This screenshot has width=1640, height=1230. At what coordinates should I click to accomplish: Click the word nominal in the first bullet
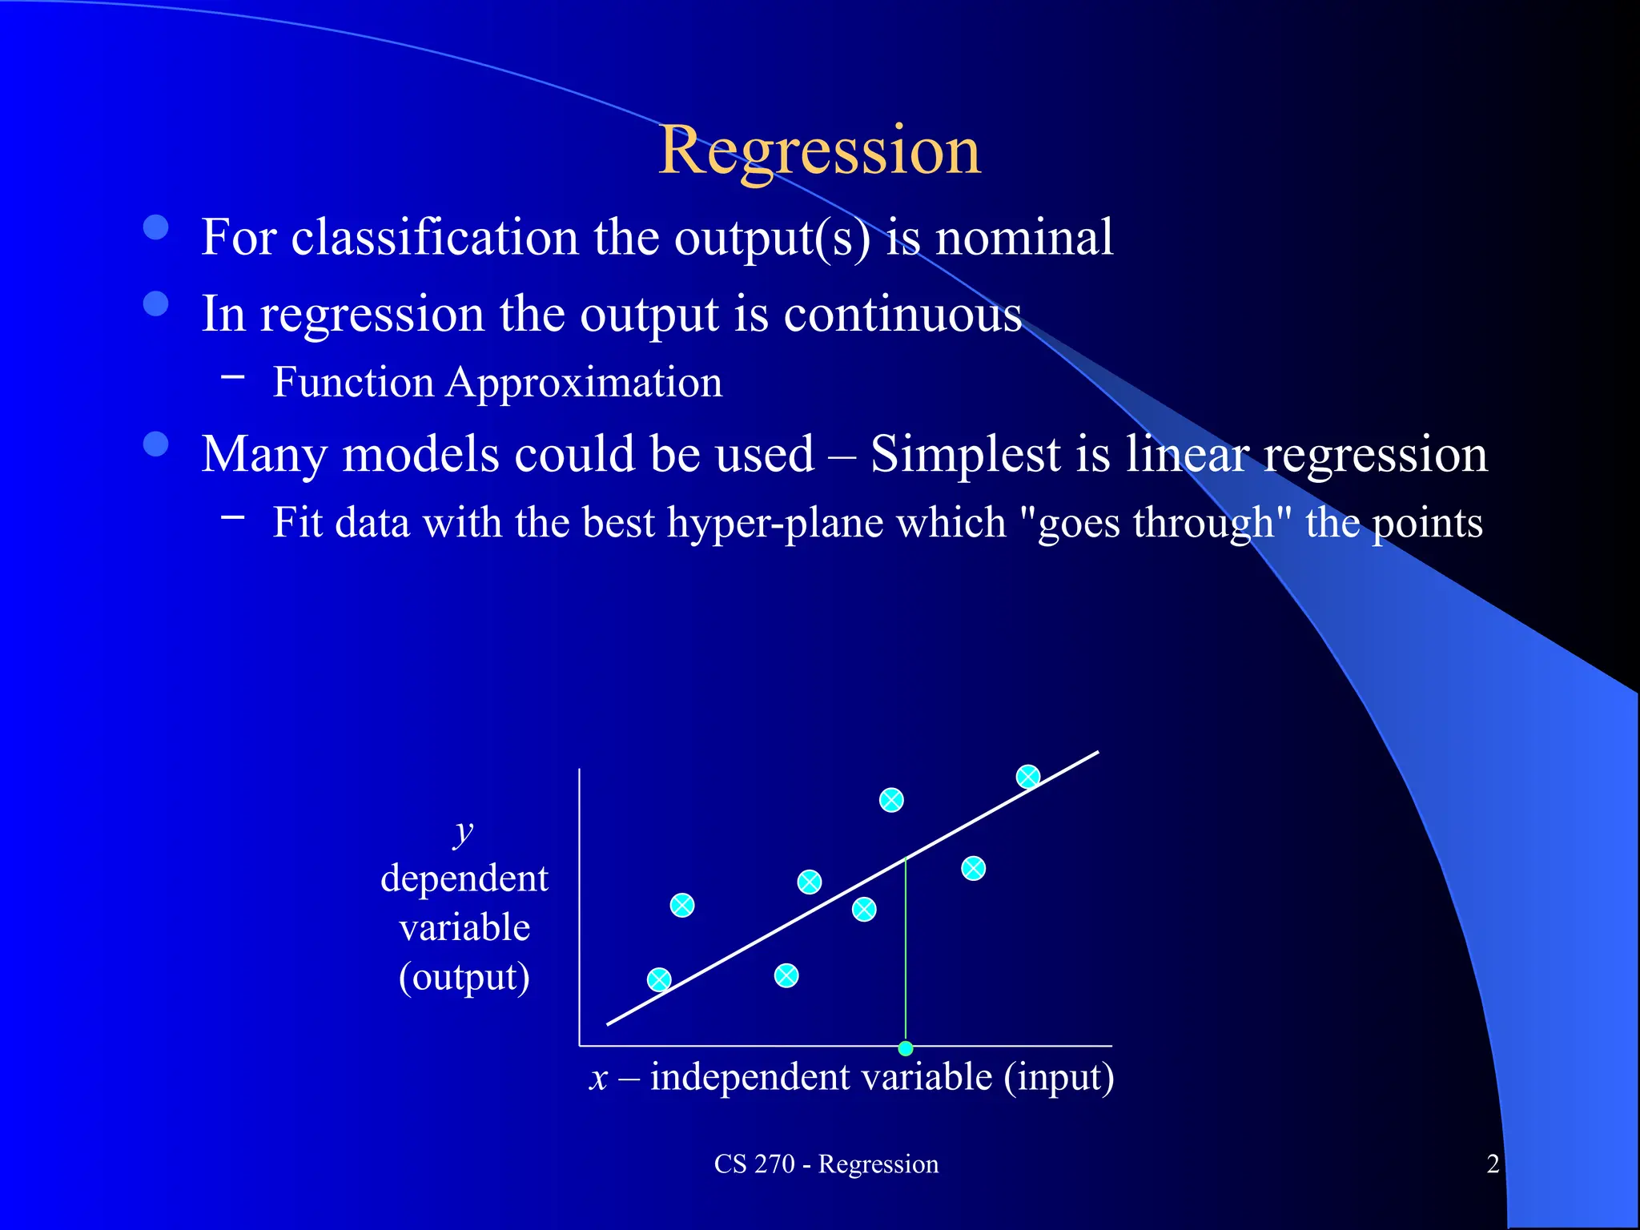pos(1024,237)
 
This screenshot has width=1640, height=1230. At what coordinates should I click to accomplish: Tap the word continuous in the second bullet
pos(902,313)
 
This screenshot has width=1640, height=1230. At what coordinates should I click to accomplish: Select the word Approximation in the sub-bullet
pos(584,382)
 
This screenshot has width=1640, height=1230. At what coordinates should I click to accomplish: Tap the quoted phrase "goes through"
pos(1155,523)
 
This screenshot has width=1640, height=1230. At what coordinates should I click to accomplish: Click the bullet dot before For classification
pos(156,227)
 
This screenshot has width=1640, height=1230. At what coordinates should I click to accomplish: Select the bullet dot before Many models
pos(156,444)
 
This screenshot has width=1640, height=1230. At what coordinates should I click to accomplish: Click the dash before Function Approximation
pos(233,375)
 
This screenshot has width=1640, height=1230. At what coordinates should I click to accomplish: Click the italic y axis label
pos(463,832)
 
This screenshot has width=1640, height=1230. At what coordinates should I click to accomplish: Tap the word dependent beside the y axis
pos(464,878)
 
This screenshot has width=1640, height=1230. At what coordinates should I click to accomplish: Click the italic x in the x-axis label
pos(599,1078)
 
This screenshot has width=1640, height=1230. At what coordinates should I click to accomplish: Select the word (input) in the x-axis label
pos(1059,1078)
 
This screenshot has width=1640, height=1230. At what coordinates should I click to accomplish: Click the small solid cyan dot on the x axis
pos(906,1048)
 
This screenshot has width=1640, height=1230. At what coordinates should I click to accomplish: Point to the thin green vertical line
pos(906,953)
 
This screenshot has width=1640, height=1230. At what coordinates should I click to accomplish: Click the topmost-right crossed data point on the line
pos(1028,776)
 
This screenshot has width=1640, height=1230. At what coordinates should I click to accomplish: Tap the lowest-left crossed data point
pos(659,979)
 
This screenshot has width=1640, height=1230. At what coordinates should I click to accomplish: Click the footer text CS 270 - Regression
pos(826,1164)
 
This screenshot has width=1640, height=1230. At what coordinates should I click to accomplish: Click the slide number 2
pos(1493,1164)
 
